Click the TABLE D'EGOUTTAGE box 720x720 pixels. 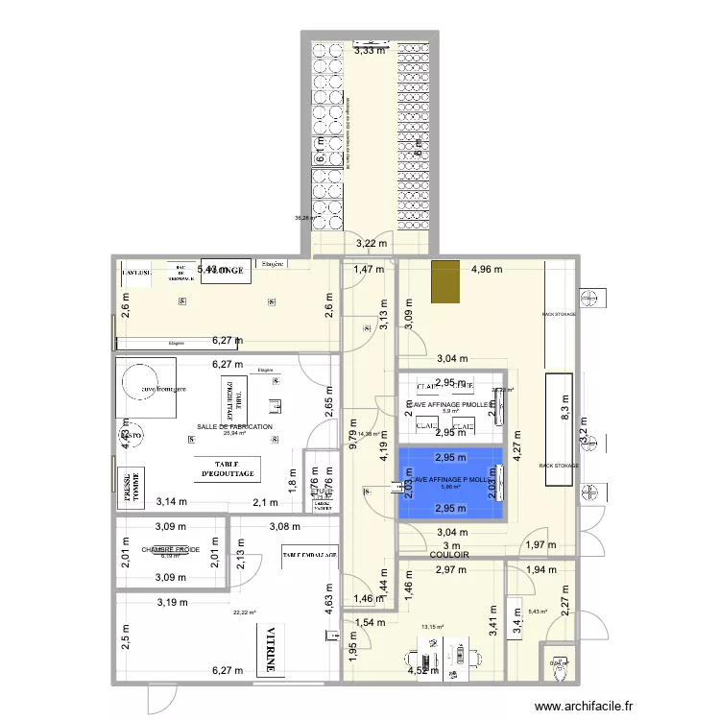[228, 468]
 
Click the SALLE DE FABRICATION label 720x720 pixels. [235, 427]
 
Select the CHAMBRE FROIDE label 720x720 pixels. [170, 550]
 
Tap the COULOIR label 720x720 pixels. [449, 555]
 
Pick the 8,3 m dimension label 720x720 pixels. [564, 416]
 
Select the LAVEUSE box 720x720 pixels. [134, 273]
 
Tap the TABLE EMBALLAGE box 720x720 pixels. [308, 555]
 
